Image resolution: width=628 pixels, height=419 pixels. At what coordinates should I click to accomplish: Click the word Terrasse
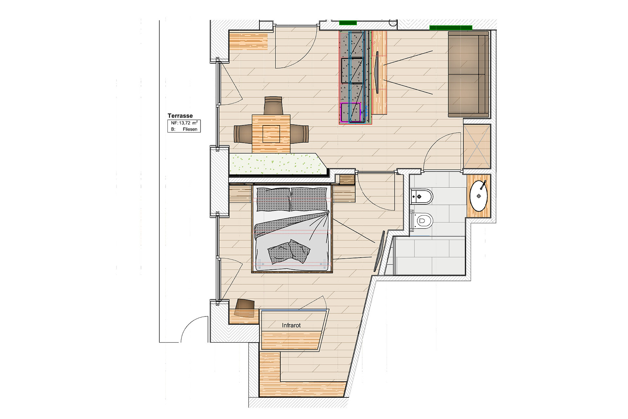click(x=180, y=116)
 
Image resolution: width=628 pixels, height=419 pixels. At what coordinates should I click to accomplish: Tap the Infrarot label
click(x=291, y=325)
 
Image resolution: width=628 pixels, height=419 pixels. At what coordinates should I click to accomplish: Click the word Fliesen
click(x=190, y=129)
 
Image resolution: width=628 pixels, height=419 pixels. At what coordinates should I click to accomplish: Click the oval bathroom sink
click(x=479, y=196)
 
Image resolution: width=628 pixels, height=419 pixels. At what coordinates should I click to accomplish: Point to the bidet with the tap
click(x=422, y=196)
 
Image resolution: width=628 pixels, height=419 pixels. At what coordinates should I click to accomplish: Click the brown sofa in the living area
click(x=468, y=74)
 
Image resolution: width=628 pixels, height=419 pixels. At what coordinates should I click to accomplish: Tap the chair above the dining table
click(x=273, y=105)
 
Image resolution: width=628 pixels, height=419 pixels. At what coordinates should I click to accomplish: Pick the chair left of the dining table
click(x=243, y=134)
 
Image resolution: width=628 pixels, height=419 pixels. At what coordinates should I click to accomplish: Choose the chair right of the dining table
click(x=299, y=134)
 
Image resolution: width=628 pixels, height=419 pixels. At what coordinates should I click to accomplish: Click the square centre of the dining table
click(x=271, y=134)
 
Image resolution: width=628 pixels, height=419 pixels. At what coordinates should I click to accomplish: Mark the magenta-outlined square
click(x=350, y=113)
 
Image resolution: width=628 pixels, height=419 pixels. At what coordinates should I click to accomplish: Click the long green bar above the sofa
click(x=451, y=28)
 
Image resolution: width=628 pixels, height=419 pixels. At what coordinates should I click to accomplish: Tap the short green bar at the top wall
click(x=348, y=23)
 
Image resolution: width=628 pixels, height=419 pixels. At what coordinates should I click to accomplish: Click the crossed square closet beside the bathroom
click(x=477, y=147)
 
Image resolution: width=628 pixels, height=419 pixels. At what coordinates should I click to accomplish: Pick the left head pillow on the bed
click(x=273, y=199)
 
